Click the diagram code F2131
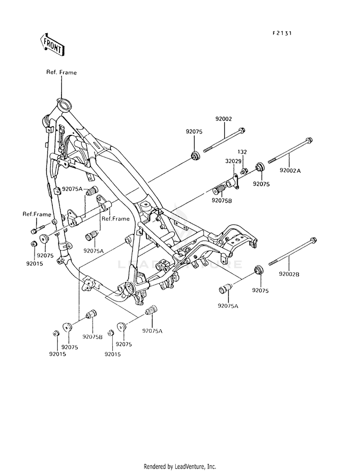282,33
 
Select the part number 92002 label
223,119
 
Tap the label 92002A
290,170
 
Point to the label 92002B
289,274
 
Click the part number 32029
233,161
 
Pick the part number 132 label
242,152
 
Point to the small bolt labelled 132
243,171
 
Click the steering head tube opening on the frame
64,105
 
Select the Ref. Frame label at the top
61,72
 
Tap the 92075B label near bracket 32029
222,200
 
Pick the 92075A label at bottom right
228,306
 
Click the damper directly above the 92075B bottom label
91,314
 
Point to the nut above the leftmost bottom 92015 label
55,333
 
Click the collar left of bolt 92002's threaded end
195,156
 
